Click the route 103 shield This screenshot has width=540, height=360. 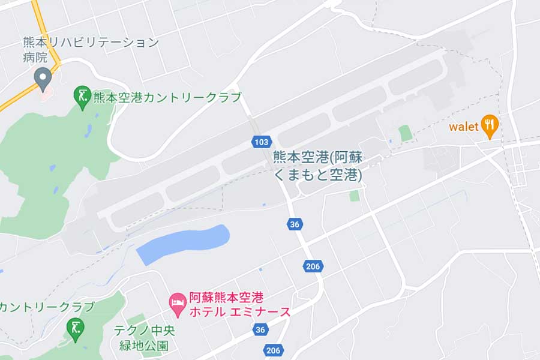point(261,142)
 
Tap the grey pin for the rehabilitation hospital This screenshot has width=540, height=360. point(42,77)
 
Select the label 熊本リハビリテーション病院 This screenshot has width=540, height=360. point(90,49)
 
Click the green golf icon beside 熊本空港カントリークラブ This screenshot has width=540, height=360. point(82,96)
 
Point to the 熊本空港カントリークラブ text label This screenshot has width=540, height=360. point(167,97)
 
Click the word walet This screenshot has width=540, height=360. point(464,127)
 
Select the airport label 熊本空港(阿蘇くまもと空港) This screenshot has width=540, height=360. point(318,166)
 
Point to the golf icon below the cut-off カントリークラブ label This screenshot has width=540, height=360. point(76,328)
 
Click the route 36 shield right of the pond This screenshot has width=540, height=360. point(294,224)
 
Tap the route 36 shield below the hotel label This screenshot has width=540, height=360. point(260,329)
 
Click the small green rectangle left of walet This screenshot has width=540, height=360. point(405,133)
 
